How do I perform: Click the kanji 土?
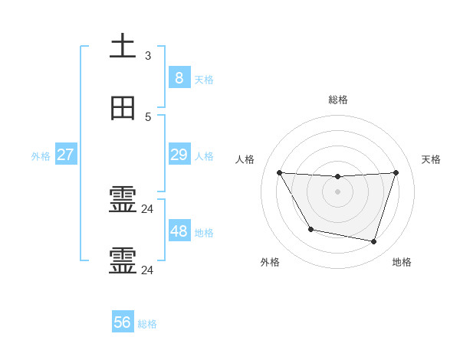[123, 47]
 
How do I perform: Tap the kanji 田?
[123, 109]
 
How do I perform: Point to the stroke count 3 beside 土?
[148, 55]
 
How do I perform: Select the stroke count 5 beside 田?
[148, 117]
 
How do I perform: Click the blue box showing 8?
[179, 77]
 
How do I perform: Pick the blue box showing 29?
[179, 155]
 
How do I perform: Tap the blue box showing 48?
[179, 231]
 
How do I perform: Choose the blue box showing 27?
[65, 155]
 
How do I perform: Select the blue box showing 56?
[123, 322]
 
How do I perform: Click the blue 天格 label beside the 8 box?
[204, 79]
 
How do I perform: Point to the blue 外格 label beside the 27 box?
[41, 156]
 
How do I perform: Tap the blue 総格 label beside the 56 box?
[147, 324]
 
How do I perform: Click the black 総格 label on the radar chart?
[338, 100]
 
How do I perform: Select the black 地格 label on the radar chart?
[402, 262]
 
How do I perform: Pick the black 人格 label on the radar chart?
[245, 159]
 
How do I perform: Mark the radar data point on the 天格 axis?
[396, 172]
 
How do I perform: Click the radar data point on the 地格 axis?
[373, 241]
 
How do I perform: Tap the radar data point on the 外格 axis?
[310, 229]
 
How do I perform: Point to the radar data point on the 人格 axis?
[279, 172]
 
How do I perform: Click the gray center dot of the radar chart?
[337, 191]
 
